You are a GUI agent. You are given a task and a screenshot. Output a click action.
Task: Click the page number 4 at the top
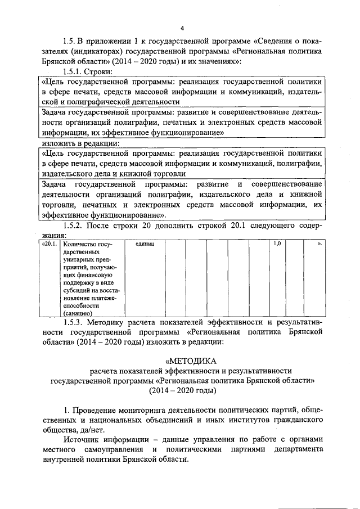tap(182, 28)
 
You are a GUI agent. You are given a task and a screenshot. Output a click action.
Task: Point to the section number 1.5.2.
tap(74, 226)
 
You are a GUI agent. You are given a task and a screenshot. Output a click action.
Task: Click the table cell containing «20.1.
tap(49, 245)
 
